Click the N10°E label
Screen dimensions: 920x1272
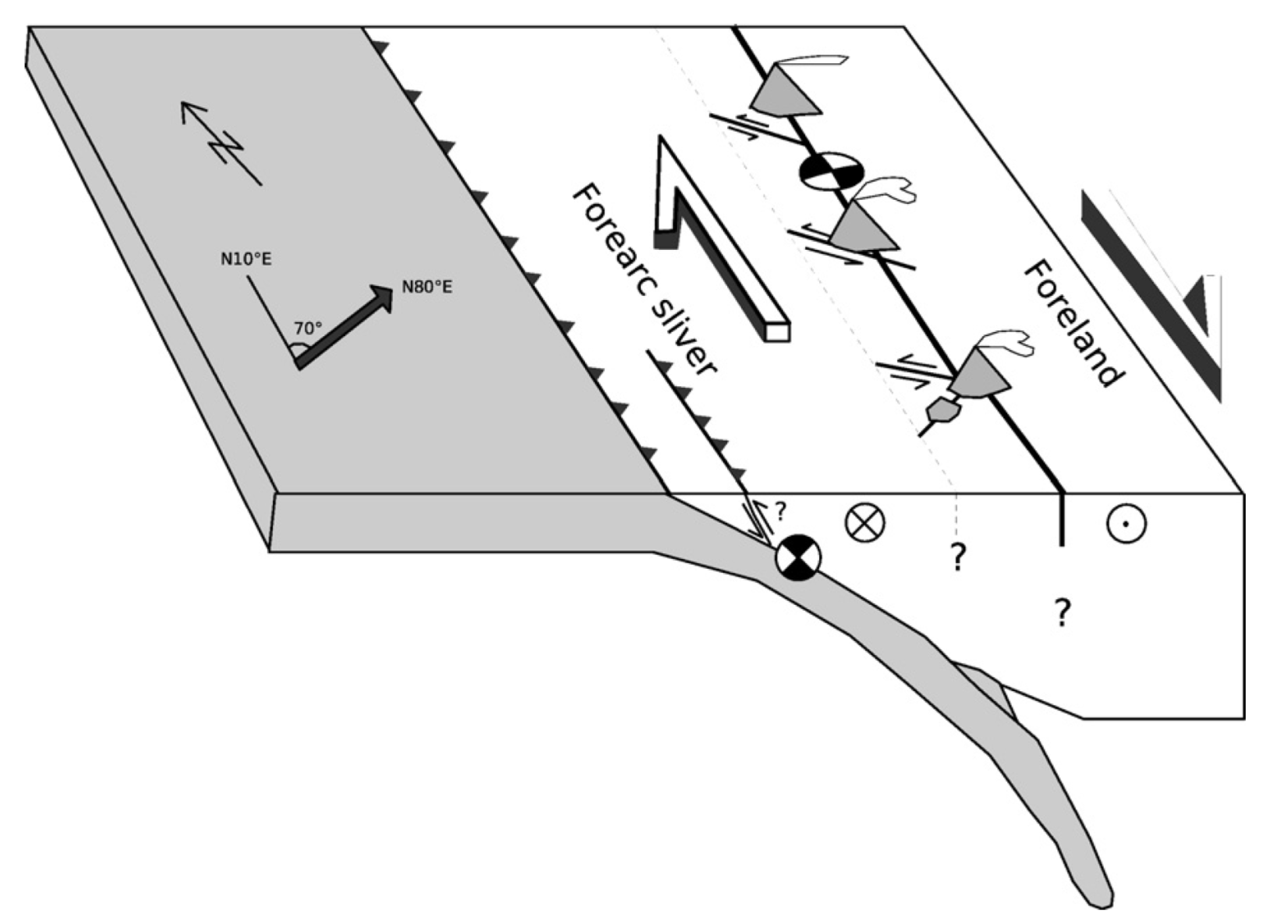246,259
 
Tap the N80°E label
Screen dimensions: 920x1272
427,287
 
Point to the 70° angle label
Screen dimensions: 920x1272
308,328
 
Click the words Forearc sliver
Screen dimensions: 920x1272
644,279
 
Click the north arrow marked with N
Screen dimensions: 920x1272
220,142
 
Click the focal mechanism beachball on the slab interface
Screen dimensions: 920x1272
798,558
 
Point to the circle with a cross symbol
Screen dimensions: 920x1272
864,523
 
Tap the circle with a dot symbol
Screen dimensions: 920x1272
1126,524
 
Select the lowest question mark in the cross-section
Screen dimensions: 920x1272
1062,612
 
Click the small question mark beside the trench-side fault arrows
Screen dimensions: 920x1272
780,510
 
